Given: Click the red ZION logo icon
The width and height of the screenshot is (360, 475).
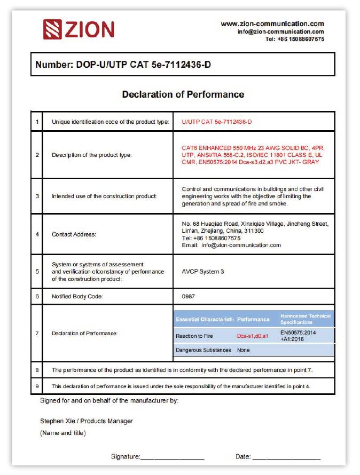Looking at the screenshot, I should click(53, 29).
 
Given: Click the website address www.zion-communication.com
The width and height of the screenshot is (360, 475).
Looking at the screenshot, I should click(272, 23).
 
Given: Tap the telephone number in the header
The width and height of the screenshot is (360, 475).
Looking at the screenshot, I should click(294, 39).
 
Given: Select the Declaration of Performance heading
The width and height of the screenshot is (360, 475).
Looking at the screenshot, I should click(183, 94).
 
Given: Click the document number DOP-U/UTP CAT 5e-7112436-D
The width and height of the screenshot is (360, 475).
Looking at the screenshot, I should click(127, 65).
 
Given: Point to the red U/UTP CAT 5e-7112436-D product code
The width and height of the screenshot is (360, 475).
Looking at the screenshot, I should click(216, 122).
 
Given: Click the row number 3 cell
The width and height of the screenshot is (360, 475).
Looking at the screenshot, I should click(37, 196).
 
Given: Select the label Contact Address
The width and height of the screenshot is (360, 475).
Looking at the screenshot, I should click(74, 234).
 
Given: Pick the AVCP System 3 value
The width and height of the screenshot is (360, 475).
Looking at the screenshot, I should click(203, 272).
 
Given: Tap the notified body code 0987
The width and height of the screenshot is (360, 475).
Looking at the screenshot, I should click(189, 296).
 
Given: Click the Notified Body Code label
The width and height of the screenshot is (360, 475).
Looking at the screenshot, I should click(77, 296).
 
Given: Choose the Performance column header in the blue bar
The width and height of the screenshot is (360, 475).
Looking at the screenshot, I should click(253, 319).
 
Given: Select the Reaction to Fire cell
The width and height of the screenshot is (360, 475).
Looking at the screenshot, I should click(194, 336).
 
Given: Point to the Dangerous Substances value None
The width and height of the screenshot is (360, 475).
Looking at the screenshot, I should click(244, 350).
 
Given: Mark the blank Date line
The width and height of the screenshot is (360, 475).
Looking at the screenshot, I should click(286, 457).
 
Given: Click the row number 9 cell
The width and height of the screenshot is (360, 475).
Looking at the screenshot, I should click(37, 385).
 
